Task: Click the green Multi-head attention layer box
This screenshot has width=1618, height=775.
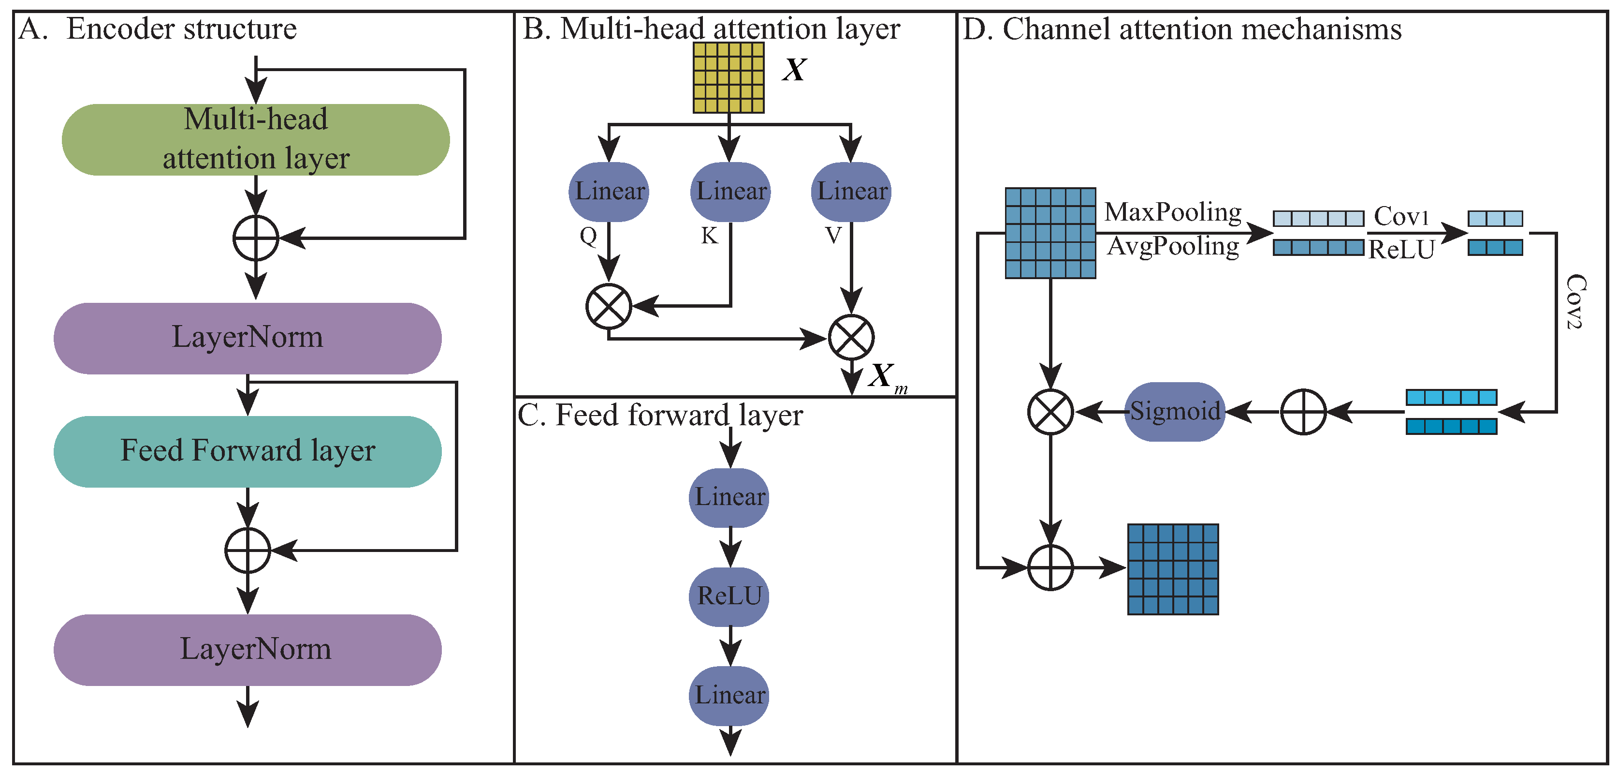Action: (x=256, y=139)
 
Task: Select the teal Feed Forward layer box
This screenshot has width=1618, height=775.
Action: (x=248, y=451)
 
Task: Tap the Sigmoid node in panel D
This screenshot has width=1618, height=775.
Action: (x=1175, y=412)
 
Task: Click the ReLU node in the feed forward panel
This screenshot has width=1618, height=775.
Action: (x=729, y=596)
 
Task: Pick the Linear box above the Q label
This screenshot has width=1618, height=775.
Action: (x=609, y=192)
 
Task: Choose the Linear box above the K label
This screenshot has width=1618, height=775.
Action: (x=730, y=192)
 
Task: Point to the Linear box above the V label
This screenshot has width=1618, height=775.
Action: (x=851, y=192)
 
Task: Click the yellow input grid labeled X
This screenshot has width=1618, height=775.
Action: (x=729, y=77)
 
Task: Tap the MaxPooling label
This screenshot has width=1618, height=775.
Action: (x=1173, y=212)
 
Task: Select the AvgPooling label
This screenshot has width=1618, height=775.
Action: (x=1173, y=246)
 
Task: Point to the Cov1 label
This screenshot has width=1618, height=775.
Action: (x=1401, y=217)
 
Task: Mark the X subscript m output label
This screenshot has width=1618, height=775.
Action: (x=887, y=377)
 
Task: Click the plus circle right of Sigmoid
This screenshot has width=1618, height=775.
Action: (x=1303, y=412)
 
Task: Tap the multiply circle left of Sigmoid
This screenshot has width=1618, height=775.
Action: (x=1050, y=412)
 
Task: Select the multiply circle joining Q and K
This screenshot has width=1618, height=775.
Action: (x=609, y=306)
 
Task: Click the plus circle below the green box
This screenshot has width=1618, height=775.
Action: (x=256, y=238)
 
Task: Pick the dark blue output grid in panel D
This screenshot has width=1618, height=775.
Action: (x=1173, y=569)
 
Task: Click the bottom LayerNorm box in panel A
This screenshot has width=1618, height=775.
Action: (x=248, y=649)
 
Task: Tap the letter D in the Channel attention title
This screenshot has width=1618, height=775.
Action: (x=973, y=30)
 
